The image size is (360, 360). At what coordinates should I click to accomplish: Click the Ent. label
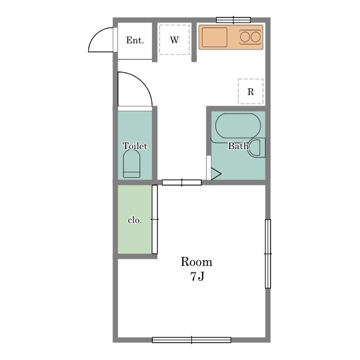click(x=135, y=40)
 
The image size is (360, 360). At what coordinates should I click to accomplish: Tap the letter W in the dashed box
click(x=174, y=40)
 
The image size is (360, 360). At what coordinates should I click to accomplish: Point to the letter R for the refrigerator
click(x=250, y=92)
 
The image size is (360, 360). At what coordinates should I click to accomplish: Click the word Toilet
click(x=135, y=146)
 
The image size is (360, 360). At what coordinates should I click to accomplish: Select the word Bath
click(x=238, y=146)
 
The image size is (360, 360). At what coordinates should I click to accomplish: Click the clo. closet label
click(x=135, y=220)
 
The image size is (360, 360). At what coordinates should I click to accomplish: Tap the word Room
click(x=196, y=262)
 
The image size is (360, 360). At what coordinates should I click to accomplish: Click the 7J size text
click(x=197, y=276)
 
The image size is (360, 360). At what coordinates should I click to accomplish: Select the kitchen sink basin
click(x=214, y=37)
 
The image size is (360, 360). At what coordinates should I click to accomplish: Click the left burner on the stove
click(x=245, y=37)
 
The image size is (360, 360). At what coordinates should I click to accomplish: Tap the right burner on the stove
click(x=255, y=37)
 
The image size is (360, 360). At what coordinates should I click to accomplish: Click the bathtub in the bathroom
click(x=238, y=126)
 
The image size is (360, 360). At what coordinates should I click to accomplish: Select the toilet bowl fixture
click(x=132, y=164)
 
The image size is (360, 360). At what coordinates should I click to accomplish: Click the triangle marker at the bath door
click(x=216, y=174)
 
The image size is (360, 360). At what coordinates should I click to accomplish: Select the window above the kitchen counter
click(x=233, y=20)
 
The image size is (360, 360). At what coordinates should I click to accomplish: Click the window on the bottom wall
click(x=191, y=340)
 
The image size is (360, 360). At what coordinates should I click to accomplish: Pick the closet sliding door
click(x=155, y=219)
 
